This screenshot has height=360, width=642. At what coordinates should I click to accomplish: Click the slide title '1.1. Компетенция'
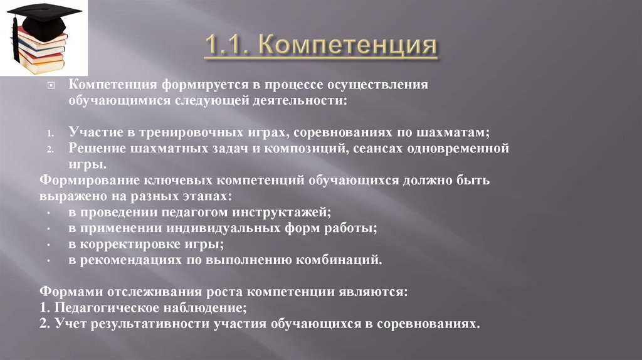point(320,47)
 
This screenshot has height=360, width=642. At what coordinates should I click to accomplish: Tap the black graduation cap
point(44,16)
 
